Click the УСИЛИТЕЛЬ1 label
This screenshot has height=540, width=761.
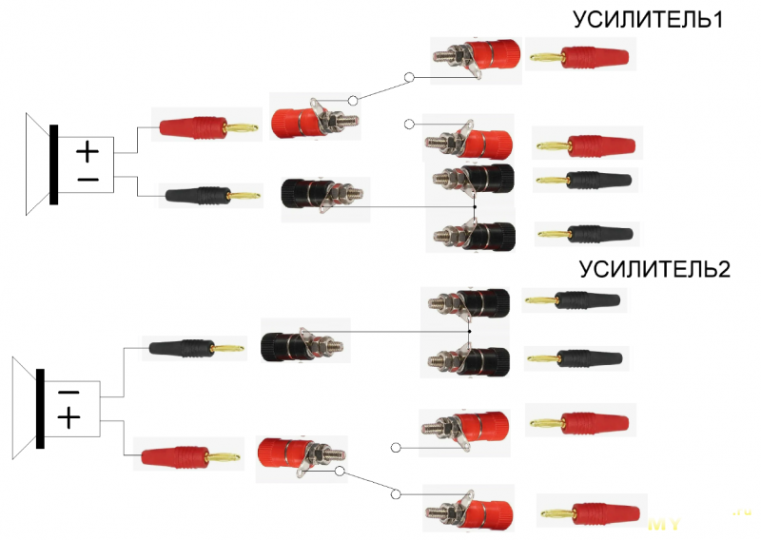tap(648, 20)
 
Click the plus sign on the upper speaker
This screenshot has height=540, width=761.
tap(88, 151)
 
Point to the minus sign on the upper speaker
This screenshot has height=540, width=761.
tap(88, 179)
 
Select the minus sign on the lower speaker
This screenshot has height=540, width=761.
tap(68, 391)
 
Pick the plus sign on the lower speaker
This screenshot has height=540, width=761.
tap(68, 417)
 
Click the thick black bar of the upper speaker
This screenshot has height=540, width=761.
tap(54, 164)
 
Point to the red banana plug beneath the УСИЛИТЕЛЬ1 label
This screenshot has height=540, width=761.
tap(579, 56)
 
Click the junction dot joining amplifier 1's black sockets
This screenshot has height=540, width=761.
tap(473, 206)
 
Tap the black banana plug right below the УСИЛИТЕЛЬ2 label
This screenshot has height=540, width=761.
tap(575, 300)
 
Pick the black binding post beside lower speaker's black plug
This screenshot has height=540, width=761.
tap(304, 342)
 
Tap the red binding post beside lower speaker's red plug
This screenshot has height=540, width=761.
tap(301, 454)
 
